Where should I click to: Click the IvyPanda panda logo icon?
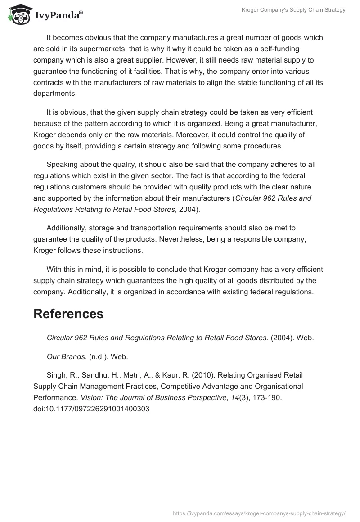pos(18,13)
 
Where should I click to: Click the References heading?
pos(68,314)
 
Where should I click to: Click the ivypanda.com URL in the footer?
pos(259,513)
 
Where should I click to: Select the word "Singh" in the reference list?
pos(56,374)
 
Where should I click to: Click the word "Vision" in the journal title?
pos(90,397)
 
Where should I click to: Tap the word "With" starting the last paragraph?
pos(54,269)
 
